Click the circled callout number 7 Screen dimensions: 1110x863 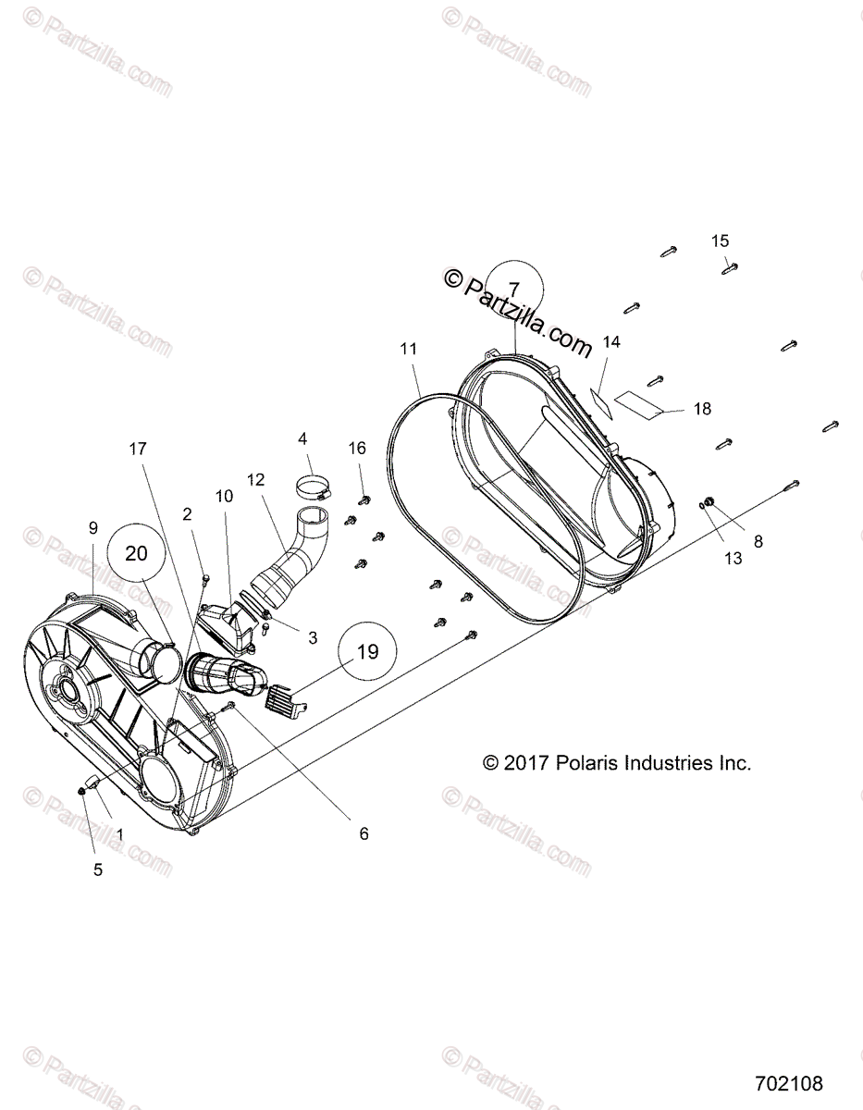(514, 288)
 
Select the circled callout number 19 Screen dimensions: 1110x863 (367, 651)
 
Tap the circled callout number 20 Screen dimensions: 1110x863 (136, 553)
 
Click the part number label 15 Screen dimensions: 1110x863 (720, 241)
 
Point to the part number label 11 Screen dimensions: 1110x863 (408, 349)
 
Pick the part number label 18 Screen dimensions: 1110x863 (702, 409)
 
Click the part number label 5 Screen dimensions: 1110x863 (97, 869)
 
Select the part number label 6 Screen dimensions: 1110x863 (364, 833)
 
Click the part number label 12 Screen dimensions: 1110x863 (255, 479)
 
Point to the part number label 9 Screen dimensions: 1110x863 (92, 527)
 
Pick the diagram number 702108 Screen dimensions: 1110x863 (788, 1082)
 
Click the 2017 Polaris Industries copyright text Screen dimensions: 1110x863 (617, 763)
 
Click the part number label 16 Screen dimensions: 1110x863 (357, 449)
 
